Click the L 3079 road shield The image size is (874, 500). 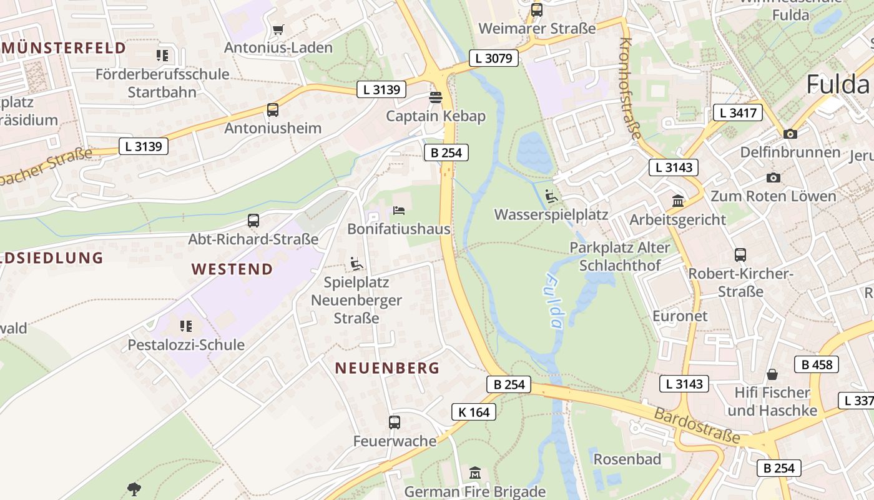[x=493, y=58]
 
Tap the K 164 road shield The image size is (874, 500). [x=474, y=412]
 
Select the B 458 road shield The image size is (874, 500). [x=817, y=364]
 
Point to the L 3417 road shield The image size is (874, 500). [x=738, y=113]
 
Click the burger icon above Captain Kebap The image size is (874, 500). [x=436, y=98]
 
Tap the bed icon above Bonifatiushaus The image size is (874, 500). [x=399, y=211]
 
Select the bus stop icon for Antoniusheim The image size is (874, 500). [x=273, y=110]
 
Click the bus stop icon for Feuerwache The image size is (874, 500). [x=395, y=422]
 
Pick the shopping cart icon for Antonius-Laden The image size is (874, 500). [x=278, y=29]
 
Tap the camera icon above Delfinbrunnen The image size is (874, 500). [x=790, y=134]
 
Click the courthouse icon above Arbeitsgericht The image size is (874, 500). [x=678, y=201]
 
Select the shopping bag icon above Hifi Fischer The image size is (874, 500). [x=772, y=374]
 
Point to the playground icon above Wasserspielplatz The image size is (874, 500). [x=551, y=196]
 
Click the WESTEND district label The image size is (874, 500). [x=232, y=269]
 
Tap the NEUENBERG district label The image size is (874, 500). [x=387, y=368]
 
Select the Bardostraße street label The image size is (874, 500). [x=697, y=426]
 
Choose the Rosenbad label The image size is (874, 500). [x=627, y=459]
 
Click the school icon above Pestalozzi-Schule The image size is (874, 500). [x=186, y=326]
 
